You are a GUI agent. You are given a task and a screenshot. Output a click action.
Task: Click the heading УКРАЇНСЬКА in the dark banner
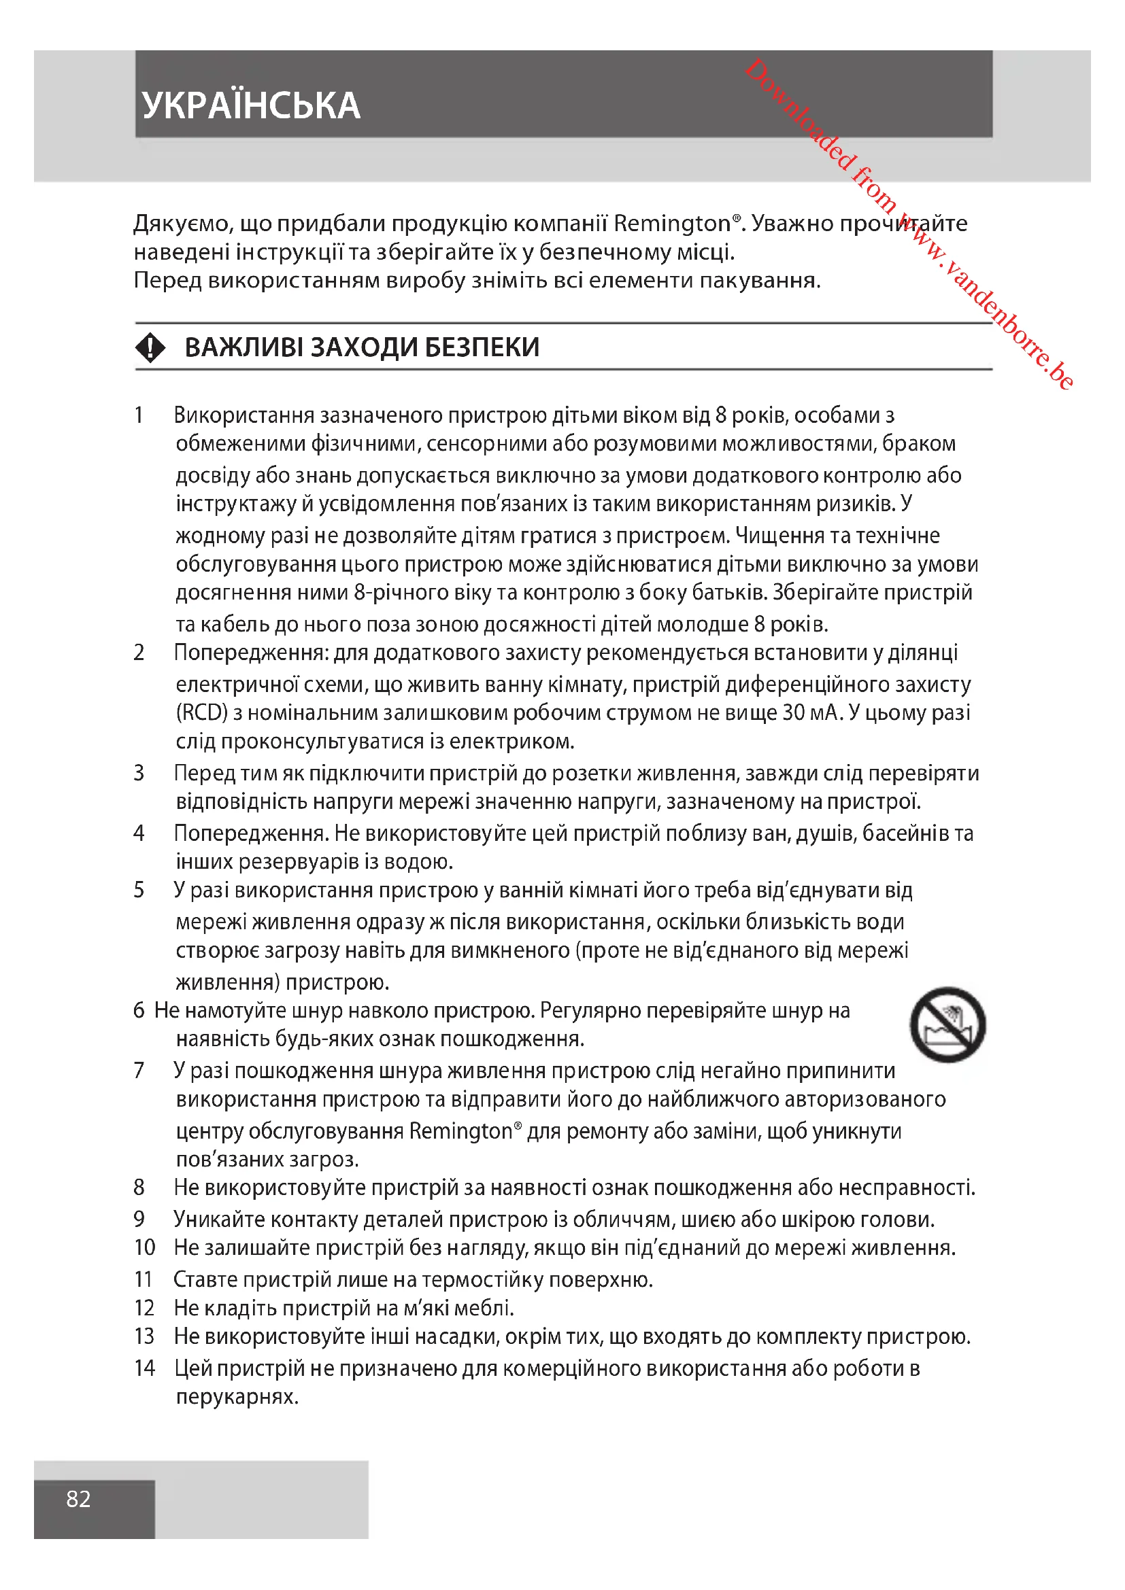tap(251, 105)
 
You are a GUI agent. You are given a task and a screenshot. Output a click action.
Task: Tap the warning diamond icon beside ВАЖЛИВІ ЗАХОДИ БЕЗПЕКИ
tap(150, 347)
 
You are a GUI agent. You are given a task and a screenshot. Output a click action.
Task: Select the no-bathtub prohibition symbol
tap(947, 1024)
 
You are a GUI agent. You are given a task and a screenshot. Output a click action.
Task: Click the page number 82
tap(78, 1499)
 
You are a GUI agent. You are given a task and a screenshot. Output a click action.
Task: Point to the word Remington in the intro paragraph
tap(672, 224)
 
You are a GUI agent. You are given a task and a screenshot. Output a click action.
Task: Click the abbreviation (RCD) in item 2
tap(201, 712)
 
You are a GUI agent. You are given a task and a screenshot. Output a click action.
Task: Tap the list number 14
tap(145, 1368)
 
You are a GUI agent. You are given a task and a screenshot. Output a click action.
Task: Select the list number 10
tap(145, 1247)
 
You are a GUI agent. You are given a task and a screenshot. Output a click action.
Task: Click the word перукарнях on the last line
tap(237, 1397)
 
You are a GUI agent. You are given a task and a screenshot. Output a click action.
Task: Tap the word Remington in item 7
tap(460, 1131)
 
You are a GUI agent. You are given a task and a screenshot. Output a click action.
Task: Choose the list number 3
tap(139, 773)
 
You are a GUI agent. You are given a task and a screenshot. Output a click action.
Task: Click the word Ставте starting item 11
tap(205, 1279)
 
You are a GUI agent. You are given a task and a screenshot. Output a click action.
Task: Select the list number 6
tap(139, 1010)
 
